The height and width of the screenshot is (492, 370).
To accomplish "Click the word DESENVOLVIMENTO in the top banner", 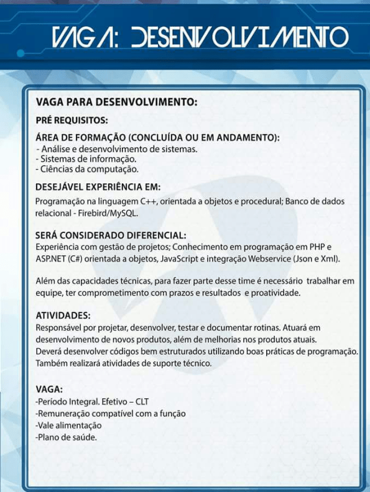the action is (x=241, y=37).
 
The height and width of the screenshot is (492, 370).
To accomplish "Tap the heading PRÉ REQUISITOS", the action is (x=72, y=120).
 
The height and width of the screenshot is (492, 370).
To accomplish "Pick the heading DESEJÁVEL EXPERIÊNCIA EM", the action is (x=98, y=186).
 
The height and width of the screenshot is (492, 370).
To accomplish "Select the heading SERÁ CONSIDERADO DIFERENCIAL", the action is (x=111, y=235).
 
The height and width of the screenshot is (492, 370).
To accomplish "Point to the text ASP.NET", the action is (x=49, y=258).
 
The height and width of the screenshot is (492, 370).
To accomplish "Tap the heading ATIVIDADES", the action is (x=63, y=316).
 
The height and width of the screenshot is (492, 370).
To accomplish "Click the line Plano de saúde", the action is (x=66, y=437).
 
